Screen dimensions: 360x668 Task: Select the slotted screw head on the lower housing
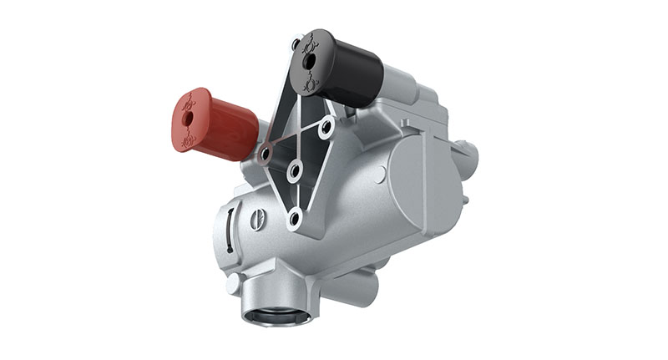coord(258,220)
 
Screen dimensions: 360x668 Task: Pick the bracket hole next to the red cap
coord(266,154)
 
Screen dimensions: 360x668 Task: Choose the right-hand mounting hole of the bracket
coord(326,126)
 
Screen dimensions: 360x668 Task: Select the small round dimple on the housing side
coord(380,175)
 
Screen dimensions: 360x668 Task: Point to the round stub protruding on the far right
coord(472,154)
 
